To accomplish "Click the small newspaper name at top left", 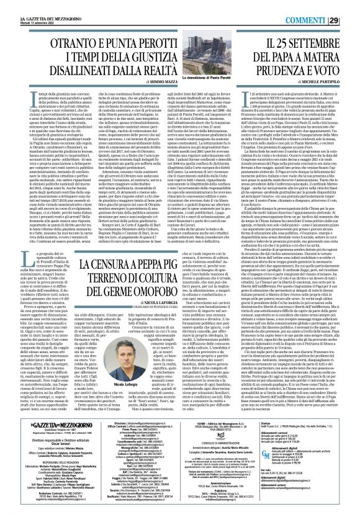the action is coord(32,5).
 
